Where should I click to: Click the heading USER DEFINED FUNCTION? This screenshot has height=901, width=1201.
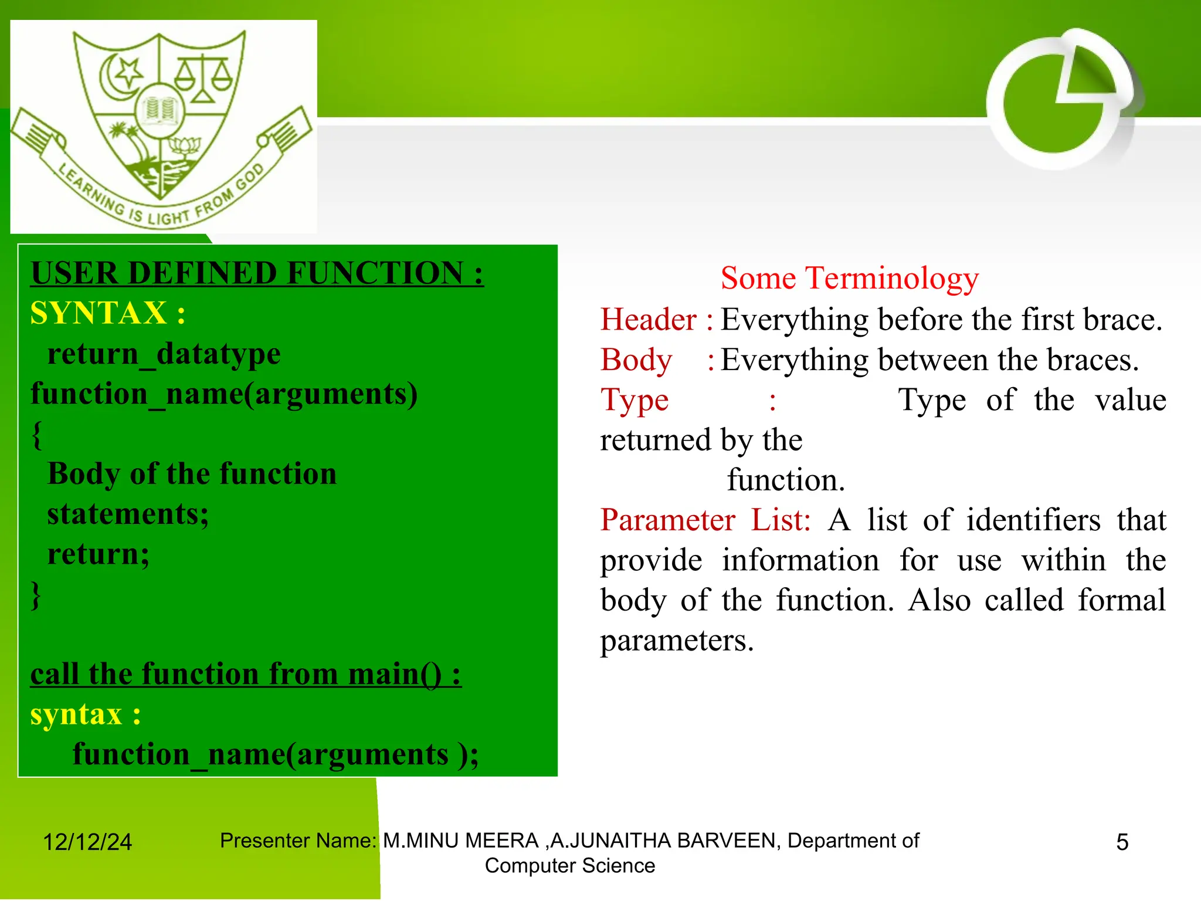click(x=257, y=273)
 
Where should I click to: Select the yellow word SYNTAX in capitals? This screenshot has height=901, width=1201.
click(x=99, y=313)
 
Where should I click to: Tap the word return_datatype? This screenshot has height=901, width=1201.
click(x=164, y=354)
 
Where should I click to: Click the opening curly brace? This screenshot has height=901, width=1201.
click(x=37, y=434)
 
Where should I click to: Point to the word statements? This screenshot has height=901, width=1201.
click(x=128, y=514)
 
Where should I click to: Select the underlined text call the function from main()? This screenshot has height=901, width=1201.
click(x=245, y=674)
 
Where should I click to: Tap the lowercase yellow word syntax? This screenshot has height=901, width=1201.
click(x=76, y=714)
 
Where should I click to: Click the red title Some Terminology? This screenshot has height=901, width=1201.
click(x=849, y=278)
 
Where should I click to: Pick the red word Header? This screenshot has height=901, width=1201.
click(x=649, y=320)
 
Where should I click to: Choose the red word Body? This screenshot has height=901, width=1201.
click(x=636, y=360)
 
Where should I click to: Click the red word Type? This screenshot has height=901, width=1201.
click(x=634, y=400)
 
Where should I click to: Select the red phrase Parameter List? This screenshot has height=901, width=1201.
click(x=705, y=520)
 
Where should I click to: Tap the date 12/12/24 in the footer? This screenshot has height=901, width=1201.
click(x=87, y=842)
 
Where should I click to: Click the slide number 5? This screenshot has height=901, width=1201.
click(x=1122, y=842)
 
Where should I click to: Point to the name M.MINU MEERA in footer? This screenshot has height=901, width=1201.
click(x=461, y=841)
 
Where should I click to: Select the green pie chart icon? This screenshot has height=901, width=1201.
click(x=1056, y=100)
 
